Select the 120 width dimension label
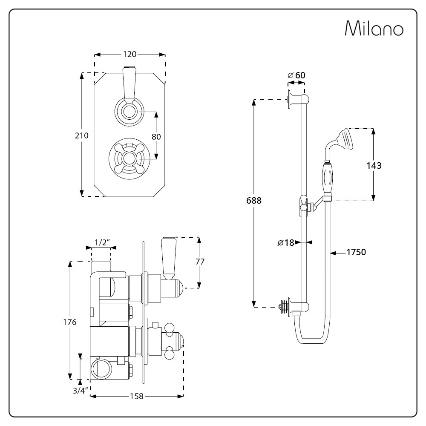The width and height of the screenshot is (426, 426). click(130, 54)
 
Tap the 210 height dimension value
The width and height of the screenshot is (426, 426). click(81, 135)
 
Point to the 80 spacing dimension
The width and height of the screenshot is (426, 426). click(156, 137)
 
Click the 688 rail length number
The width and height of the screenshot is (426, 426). click(254, 200)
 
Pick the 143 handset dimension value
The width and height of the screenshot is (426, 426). click(374, 165)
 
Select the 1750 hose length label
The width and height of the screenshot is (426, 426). click(356, 252)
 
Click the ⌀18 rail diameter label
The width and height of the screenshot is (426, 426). click(286, 242)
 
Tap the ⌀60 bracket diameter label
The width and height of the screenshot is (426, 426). click(296, 75)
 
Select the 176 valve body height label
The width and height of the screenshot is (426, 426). click(69, 322)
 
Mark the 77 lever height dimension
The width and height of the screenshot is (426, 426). click(199, 262)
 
